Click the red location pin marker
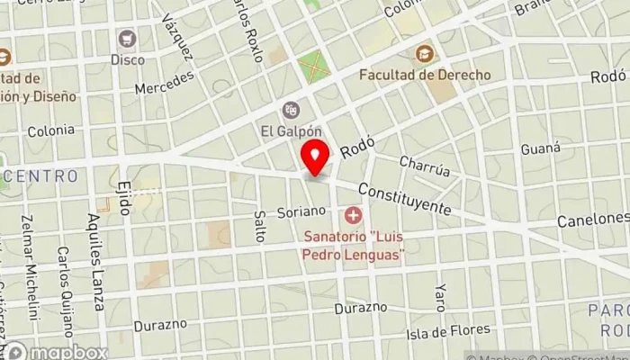pos(315,157)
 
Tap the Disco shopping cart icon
pos(127,39)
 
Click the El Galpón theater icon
pos(291,111)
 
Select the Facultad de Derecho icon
pos(425,53)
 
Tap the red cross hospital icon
pos(353,216)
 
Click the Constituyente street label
pos(404,199)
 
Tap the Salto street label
pos(259,226)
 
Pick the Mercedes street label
pos(164,83)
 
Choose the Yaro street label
pos(440,297)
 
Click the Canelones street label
pos(591,219)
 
